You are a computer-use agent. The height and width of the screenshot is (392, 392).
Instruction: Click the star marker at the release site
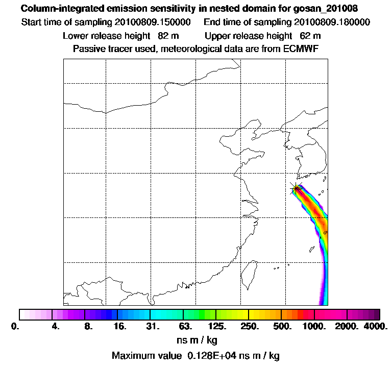coord(296,188)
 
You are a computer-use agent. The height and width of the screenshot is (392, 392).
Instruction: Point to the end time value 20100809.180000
coord(332,22)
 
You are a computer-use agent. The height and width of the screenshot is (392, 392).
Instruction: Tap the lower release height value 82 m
coord(168,36)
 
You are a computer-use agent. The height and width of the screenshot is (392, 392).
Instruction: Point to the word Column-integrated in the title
coord(56,9)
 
